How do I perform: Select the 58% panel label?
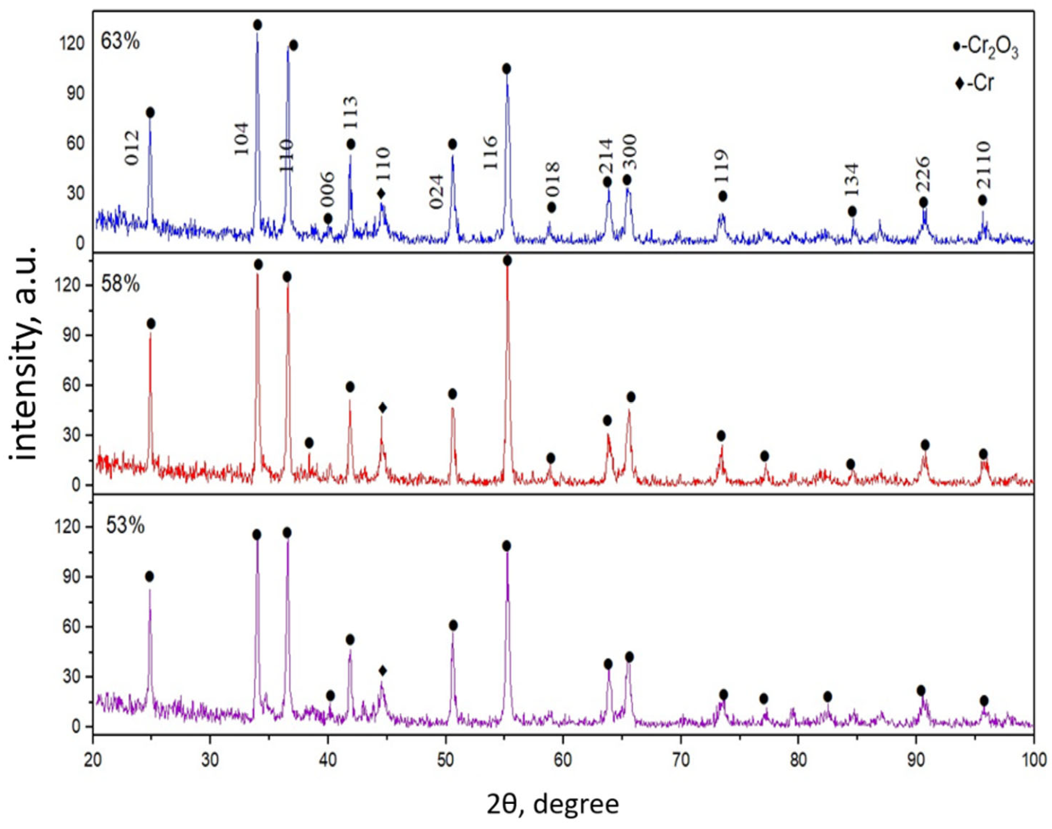click(x=120, y=284)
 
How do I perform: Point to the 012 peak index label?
click(x=132, y=148)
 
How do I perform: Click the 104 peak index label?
click(x=241, y=138)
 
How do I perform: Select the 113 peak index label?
click(x=351, y=113)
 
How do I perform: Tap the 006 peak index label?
click(x=327, y=190)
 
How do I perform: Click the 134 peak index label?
click(x=852, y=180)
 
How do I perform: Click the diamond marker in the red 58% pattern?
click(x=382, y=408)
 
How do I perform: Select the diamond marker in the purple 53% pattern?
click(x=382, y=671)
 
